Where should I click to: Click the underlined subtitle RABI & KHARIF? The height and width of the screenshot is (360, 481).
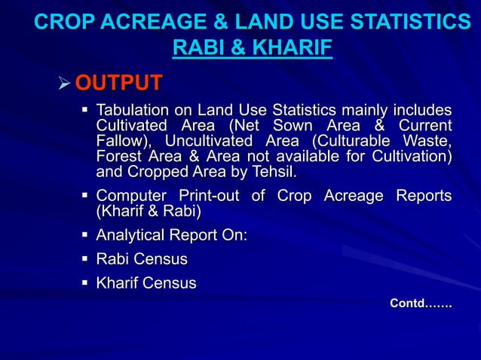pos(253,49)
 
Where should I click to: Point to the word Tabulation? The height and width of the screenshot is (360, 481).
pos(132,111)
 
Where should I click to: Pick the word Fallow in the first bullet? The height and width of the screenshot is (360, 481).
pos(120,142)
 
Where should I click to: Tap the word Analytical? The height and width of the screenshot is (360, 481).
pos(131,236)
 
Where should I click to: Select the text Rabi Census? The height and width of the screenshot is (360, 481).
pos(142,260)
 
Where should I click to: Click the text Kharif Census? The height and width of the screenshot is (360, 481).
pos(146,284)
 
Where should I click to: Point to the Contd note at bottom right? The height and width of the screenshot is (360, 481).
pos(420,304)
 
